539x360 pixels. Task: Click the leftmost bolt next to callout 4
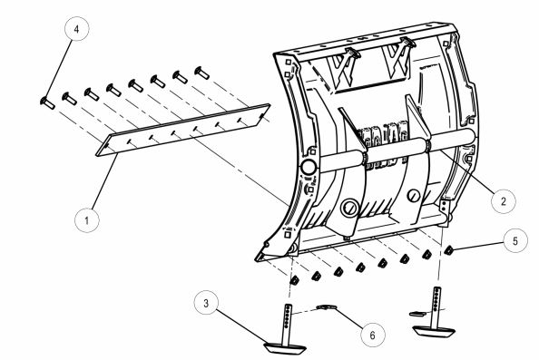tap(47, 101)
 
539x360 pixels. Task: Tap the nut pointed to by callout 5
tap(448, 251)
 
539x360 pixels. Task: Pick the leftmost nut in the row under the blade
tap(294, 280)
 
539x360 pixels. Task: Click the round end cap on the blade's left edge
tap(308, 169)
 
